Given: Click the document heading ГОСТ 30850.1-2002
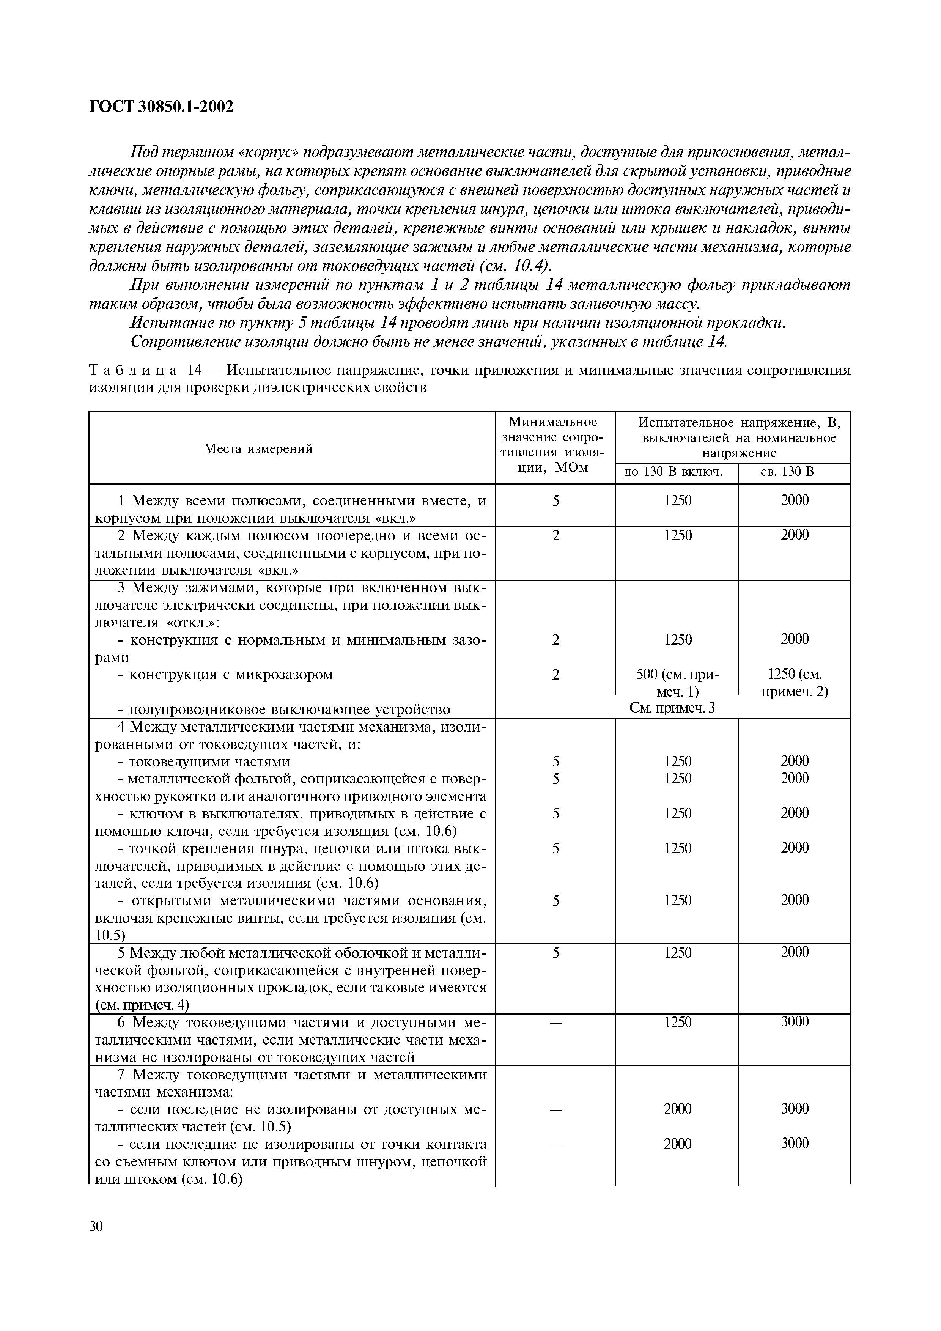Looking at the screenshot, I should [161, 107].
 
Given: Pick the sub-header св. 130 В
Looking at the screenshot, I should [794, 472].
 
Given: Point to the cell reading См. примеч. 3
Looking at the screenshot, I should [673, 708].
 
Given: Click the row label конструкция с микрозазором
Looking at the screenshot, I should [225, 674].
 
